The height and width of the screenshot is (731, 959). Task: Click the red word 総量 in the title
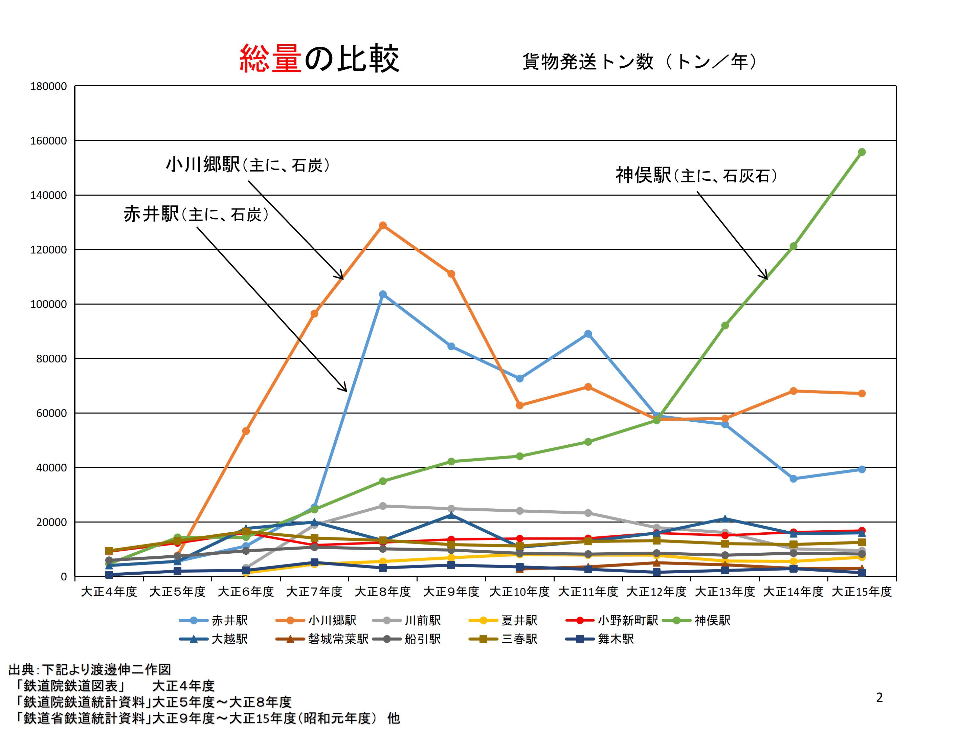tap(270, 58)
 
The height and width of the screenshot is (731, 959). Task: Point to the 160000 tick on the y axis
tap(48, 141)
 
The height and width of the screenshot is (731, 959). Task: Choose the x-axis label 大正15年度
tap(862, 592)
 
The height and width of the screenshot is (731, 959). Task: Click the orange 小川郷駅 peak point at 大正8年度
tap(383, 225)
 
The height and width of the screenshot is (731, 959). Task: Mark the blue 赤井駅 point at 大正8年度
tap(383, 294)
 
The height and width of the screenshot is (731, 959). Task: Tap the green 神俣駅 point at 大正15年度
tap(862, 152)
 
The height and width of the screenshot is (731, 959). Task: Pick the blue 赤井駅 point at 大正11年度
tap(588, 334)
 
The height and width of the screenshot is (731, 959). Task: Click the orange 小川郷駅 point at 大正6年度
tap(246, 431)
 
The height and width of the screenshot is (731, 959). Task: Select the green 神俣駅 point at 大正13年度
tap(725, 326)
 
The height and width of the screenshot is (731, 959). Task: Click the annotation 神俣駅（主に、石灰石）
tap(696, 175)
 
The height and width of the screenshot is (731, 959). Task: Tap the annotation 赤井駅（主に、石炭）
tap(196, 214)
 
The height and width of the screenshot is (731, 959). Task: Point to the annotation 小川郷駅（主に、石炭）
tap(248, 165)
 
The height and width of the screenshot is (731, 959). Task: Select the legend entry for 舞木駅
tap(615, 639)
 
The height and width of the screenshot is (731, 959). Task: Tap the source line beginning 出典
tap(90, 669)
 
